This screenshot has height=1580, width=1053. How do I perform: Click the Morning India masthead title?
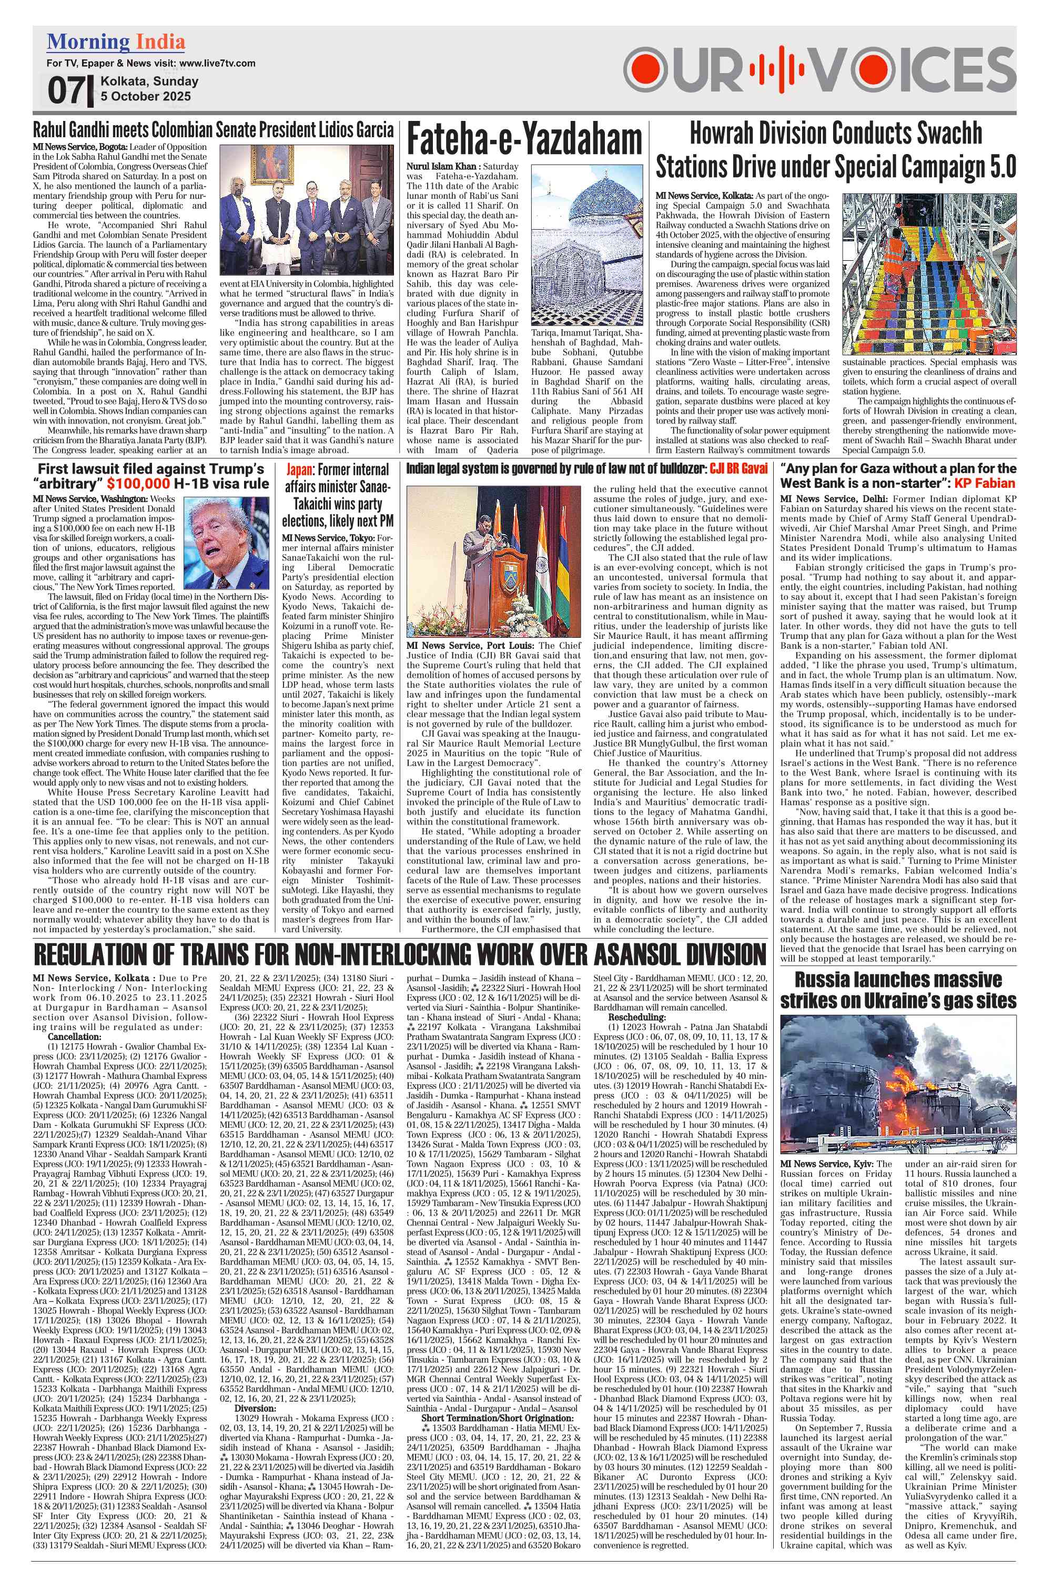(x=116, y=42)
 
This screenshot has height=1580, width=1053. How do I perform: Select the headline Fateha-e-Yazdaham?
(x=524, y=140)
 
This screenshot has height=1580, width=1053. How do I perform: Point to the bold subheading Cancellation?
(x=75, y=1037)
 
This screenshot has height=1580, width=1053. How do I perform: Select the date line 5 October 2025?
(x=146, y=96)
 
